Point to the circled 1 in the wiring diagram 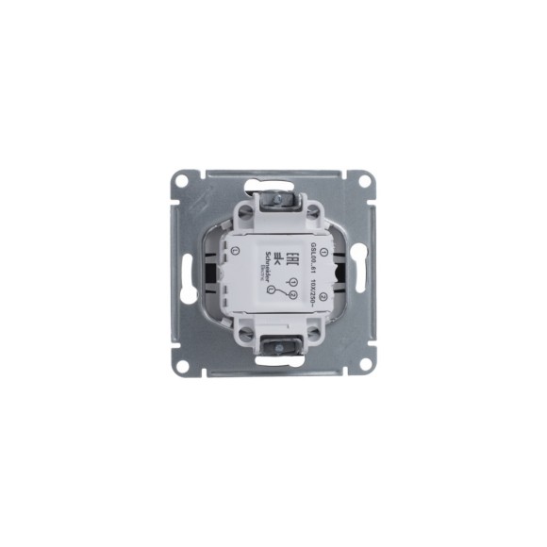point(293,282)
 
